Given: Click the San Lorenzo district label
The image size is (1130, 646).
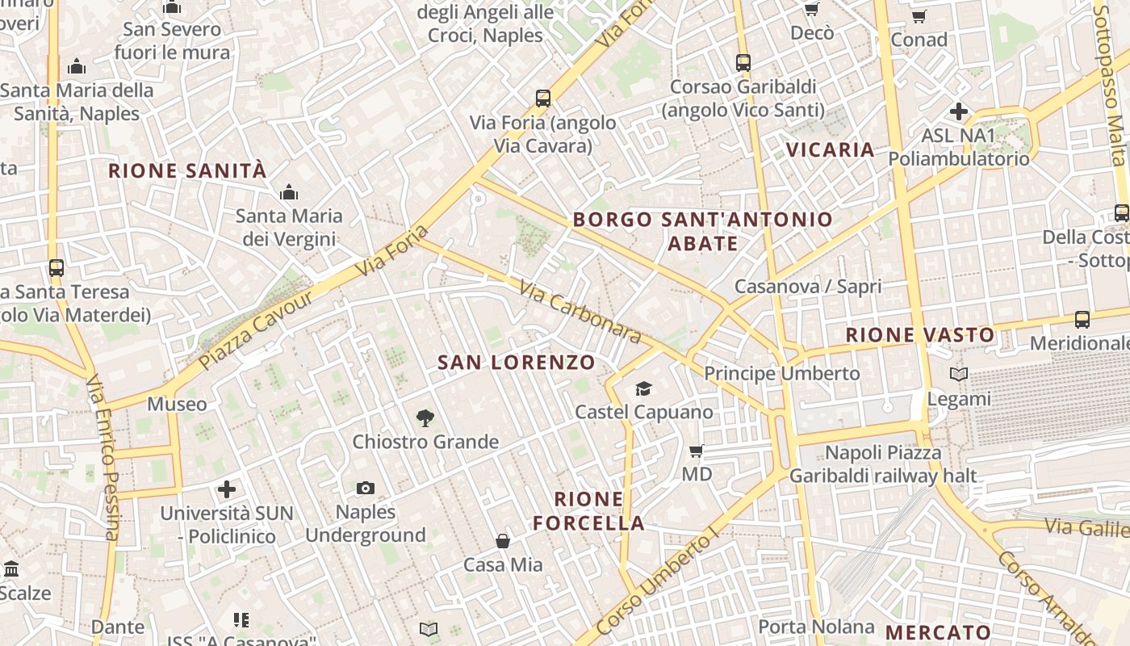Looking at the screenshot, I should coord(517,363).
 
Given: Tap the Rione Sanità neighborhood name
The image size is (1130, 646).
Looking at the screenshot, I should coord(187,171).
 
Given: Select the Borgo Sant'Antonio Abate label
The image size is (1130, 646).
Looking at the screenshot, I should coord(702,231).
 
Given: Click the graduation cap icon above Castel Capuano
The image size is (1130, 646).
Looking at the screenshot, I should coord(643,389).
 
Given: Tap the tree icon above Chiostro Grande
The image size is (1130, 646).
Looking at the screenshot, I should coord(425,418).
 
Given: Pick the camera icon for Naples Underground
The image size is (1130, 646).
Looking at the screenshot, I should coord(366,488).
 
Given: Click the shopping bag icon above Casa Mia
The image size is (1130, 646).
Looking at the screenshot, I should coord(503,541).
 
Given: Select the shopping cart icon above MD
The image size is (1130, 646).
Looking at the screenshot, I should coord(697,451).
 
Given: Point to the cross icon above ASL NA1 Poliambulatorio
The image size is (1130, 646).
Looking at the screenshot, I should coord(959,111).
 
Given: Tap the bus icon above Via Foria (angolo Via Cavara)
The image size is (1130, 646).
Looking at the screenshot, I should coord(543,99).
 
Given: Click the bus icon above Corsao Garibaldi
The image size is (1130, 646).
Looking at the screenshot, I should coord(743,62).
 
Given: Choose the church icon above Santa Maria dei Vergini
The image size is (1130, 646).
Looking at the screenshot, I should coord(288,192).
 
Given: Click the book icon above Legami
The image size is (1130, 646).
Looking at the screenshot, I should coord(959,375).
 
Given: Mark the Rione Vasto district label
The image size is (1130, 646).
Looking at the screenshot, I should coord(920,334).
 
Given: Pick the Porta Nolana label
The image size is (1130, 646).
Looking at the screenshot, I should coord(816,627).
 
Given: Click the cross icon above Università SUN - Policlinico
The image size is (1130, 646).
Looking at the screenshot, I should coord(227,489).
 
